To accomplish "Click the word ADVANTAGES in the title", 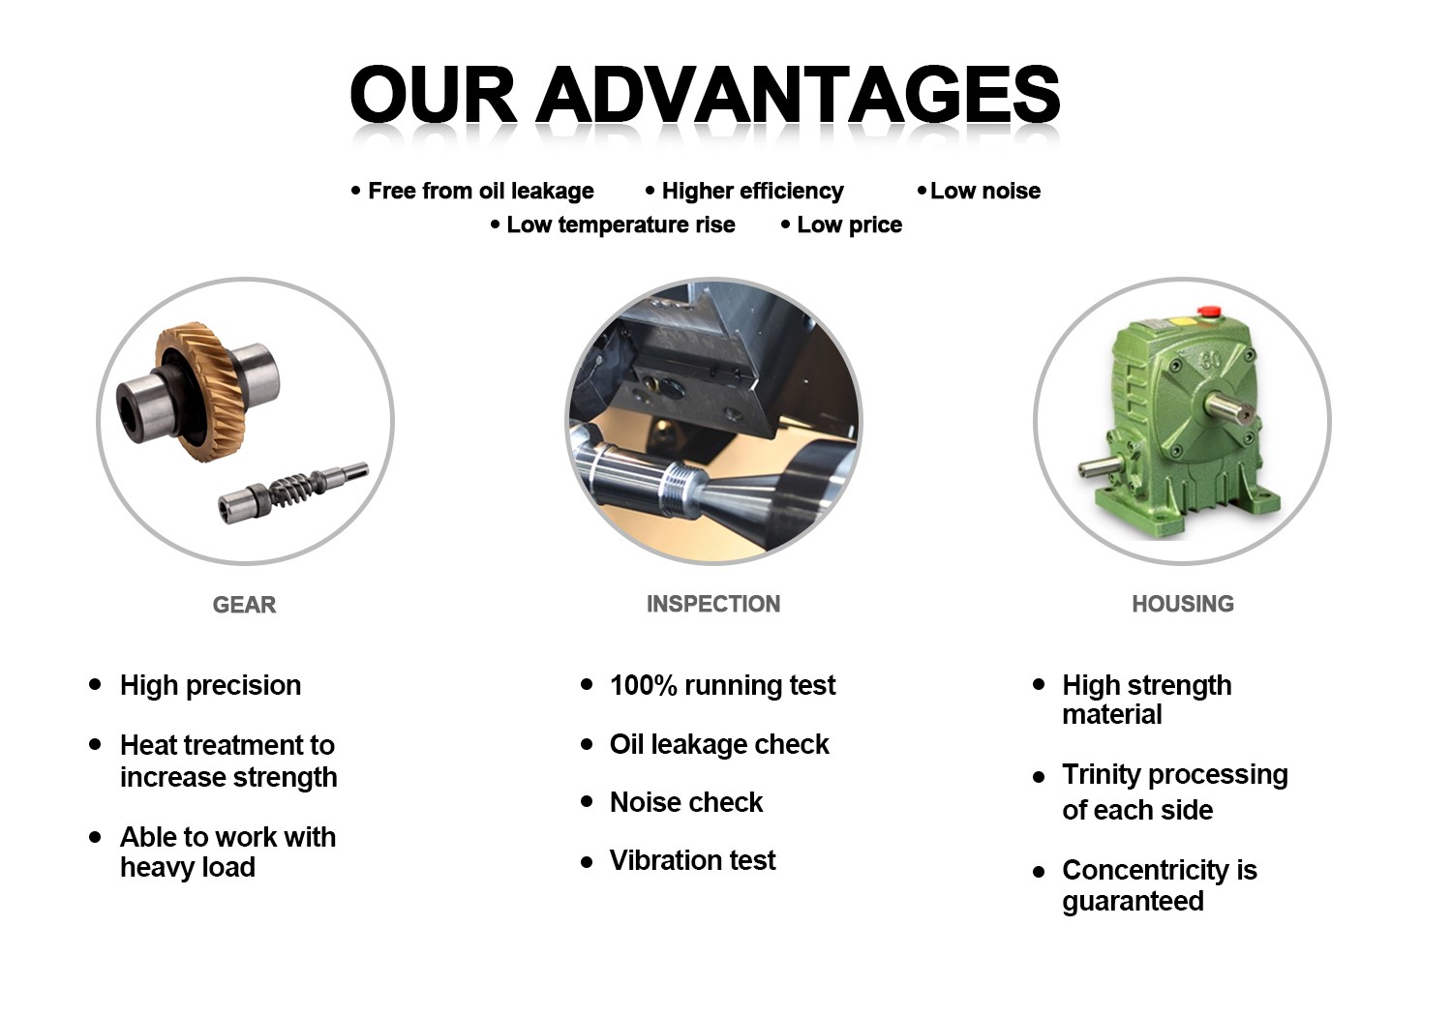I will tap(798, 95).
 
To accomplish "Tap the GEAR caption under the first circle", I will tap(244, 605).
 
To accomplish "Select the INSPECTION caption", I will tap(713, 604).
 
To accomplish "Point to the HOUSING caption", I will tap(1183, 604).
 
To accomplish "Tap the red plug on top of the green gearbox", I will tap(1208, 312).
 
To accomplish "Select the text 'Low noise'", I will tap(985, 192).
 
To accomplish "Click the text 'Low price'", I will tap(849, 225).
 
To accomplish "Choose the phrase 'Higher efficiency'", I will tap(752, 192).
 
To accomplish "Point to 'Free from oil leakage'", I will tap(480, 192).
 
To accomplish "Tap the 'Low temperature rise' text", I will tap(620, 225).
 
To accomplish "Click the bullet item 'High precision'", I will tap(210, 685).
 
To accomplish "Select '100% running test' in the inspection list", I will tap(722, 685).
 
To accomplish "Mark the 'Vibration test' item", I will tap(692, 860).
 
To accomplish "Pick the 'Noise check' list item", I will tap(686, 802).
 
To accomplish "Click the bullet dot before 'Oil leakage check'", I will tap(587, 744).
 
